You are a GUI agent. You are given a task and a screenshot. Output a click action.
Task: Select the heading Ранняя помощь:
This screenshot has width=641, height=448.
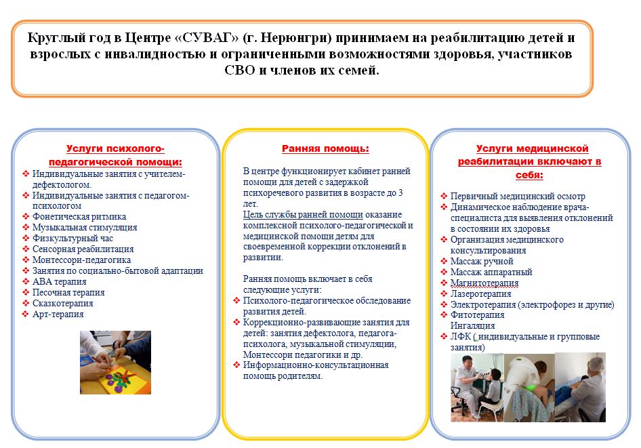325,148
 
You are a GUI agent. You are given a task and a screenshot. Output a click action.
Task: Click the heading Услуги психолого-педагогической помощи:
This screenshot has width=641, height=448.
115,155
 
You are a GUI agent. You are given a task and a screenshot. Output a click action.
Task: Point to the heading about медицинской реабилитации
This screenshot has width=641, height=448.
529,161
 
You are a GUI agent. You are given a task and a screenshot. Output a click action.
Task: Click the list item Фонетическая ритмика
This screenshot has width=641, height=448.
79,217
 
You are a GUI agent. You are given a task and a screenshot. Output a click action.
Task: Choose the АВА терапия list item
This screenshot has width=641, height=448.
59,282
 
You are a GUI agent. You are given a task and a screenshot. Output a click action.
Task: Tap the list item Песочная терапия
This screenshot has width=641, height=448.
68,292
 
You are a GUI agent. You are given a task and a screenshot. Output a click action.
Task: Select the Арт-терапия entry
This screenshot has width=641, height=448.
58,314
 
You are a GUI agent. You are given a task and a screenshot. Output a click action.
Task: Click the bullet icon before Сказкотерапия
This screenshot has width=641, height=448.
26,304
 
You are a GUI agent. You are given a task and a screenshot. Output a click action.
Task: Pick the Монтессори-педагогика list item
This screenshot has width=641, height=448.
81,260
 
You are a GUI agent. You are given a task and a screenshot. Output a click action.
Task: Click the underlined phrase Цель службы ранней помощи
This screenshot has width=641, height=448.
303,215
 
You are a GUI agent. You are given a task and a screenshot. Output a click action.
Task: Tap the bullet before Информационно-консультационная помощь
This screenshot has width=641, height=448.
236,365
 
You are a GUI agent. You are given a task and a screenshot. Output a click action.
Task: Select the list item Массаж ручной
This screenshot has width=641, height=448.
482,261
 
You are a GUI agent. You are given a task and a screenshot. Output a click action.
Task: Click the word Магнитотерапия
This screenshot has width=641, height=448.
484,283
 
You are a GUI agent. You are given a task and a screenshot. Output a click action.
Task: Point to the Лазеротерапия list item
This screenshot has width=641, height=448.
481,294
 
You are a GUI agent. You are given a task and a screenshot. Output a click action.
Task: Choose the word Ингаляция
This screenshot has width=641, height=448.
472,326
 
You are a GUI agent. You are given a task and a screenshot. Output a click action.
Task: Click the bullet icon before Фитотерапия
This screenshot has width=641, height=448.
444,314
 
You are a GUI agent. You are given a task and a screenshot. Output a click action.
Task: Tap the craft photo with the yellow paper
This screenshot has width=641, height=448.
115,363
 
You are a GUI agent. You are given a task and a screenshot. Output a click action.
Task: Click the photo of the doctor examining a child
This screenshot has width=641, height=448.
477,388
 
